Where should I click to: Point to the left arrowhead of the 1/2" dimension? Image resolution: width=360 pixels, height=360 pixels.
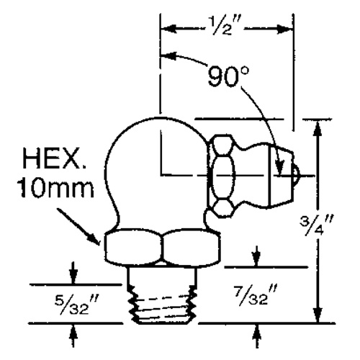(x=165, y=30)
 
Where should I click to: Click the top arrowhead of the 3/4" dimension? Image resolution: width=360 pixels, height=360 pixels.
(x=317, y=124)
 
